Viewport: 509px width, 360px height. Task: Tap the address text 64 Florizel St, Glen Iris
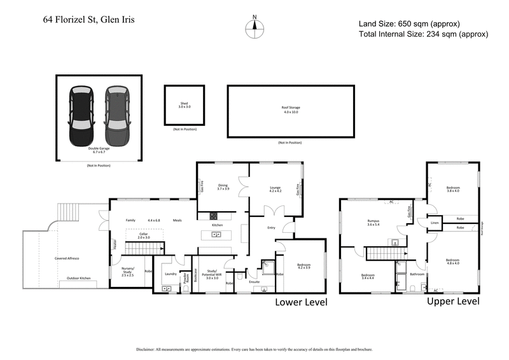[x=89, y=20]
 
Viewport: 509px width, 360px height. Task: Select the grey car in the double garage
[x=117, y=116]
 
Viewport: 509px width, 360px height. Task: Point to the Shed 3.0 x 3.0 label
[x=185, y=106]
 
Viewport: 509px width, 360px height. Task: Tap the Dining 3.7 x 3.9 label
[x=223, y=188]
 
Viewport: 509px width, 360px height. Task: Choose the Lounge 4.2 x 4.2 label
[x=275, y=189]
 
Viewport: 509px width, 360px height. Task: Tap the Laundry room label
[x=170, y=273]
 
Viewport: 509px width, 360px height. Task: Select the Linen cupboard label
[x=435, y=223]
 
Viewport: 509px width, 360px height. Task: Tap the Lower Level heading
[x=300, y=302]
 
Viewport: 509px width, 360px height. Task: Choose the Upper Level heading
[x=452, y=301]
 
